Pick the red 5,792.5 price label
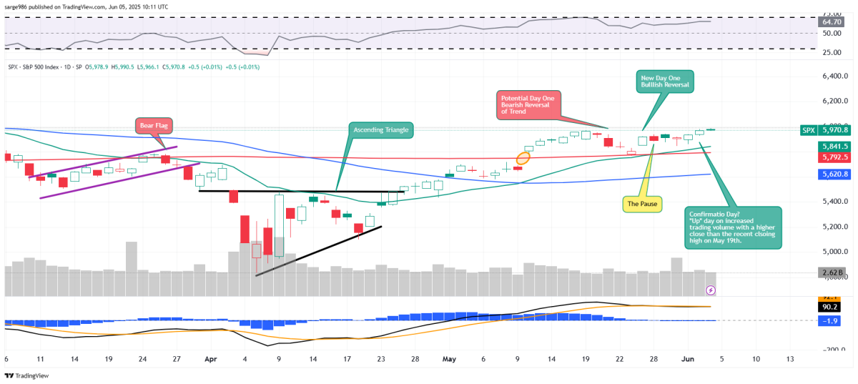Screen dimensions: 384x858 click(834, 157)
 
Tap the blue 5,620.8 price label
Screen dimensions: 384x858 click(834, 174)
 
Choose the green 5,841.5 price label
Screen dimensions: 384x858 click(834, 146)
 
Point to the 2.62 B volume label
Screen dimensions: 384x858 click(834, 272)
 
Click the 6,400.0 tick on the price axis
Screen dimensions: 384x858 click(835, 76)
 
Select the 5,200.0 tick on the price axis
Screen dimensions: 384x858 click(835, 227)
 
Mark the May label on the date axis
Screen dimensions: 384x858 click(449, 358)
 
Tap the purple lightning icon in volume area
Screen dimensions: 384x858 click(711, 290)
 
